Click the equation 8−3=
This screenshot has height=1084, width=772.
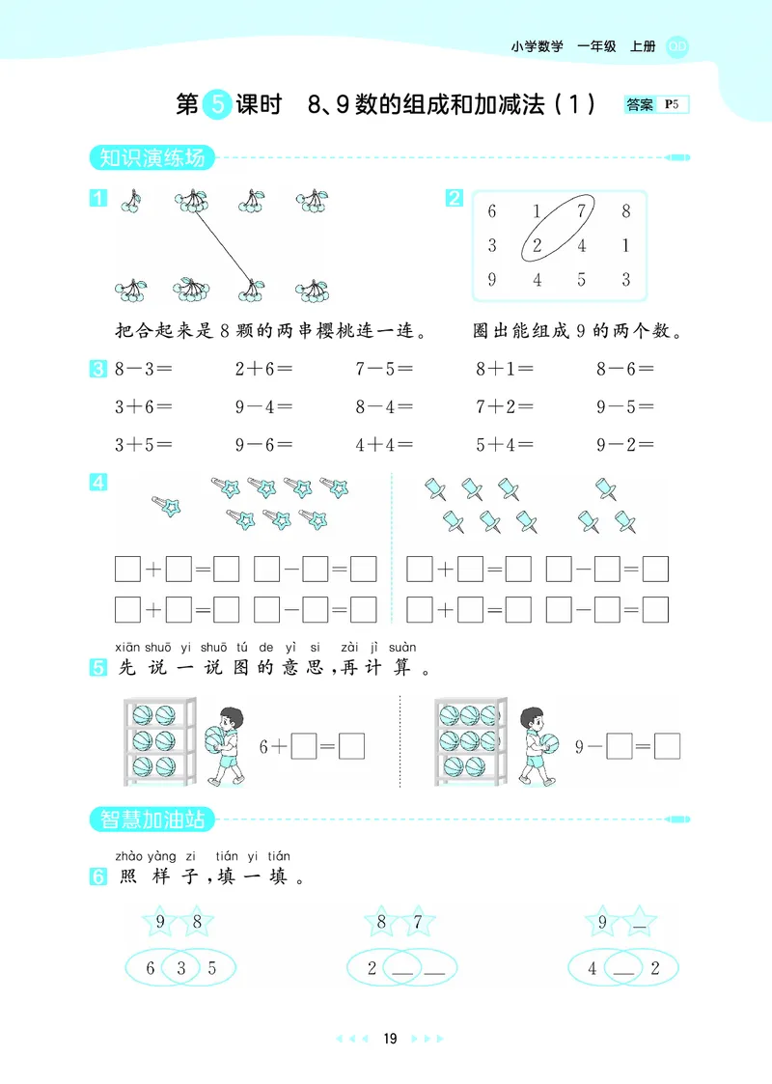[x=143, y=369]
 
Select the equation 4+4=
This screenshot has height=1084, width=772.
[x=384, y=446]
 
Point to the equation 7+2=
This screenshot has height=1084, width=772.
[x=505, y=407]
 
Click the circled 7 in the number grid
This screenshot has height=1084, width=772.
[x=581, y=211]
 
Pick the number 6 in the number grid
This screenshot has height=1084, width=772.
[x=492, y=211]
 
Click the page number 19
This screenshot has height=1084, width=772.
[x=389, y=1039]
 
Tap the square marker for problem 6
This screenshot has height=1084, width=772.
[x=97, y=877]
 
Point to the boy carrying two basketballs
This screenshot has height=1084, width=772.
[x=223, y=740]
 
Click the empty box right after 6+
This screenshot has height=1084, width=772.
[x=304, y=746]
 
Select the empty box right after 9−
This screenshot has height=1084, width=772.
[x=619, y=746]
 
